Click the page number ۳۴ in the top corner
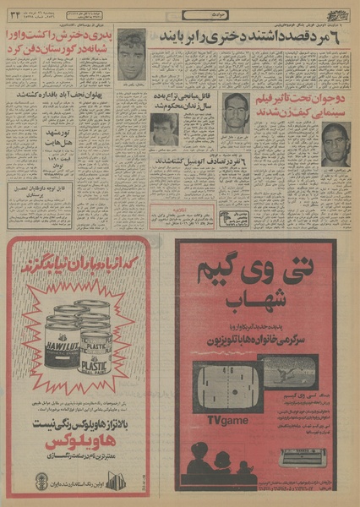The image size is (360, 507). [18, 14]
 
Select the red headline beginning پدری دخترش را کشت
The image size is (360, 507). [58, 43]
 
